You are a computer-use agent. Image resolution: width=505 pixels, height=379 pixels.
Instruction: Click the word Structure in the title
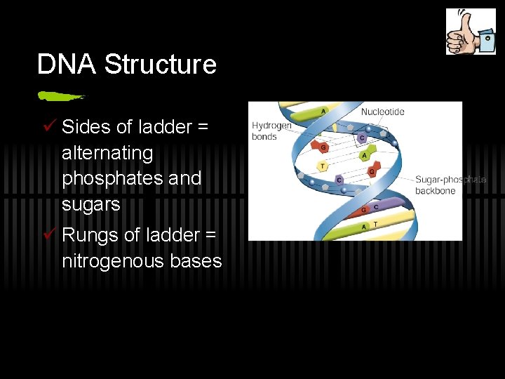[x=161, y=65]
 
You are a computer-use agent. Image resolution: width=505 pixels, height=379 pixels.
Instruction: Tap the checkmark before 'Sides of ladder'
[x=48, y=126]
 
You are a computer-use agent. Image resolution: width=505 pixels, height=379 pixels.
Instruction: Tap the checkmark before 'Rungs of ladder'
[x=48, y=234]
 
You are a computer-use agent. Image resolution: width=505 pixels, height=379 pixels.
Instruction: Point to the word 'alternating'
[x=107, y=153]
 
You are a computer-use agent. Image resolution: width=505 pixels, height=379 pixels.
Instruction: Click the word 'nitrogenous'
[x=115, y=261]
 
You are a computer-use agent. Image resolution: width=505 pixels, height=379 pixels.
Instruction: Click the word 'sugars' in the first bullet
[x=91, y=205]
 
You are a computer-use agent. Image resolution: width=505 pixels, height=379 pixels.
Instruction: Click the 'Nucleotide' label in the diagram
[x=382, y=112]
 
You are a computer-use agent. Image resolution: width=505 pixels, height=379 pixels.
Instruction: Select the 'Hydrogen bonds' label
[x=271, y=131]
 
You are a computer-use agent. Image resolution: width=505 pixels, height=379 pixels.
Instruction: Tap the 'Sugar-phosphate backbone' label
[x=450, y=185]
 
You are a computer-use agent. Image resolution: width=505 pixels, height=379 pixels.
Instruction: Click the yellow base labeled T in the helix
[x=323, y=166]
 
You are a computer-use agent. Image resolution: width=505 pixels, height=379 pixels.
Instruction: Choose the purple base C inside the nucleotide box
[x=361, y=138]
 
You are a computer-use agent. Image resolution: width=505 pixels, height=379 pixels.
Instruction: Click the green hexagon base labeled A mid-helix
[x=363, y=155]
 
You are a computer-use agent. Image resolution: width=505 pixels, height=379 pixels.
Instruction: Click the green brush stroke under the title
[x=62, y=95]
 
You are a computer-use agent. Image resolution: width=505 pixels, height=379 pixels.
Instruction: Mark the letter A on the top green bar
[x=323, y=111]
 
